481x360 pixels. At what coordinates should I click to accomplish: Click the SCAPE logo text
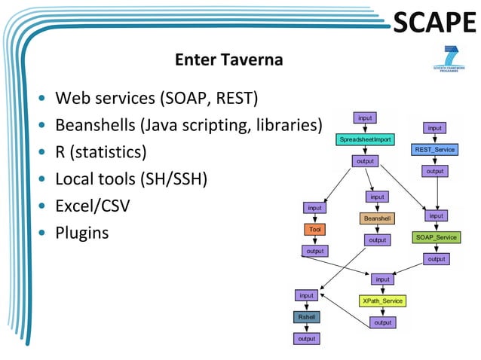point(435,23)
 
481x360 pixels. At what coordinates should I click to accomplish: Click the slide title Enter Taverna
point(228,59)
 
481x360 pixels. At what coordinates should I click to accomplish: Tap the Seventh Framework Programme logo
point(450,59)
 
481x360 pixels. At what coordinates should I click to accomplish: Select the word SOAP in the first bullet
point(182,98)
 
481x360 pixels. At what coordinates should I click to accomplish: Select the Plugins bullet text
point(81,233)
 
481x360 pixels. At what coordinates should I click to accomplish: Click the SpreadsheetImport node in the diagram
point(365,139)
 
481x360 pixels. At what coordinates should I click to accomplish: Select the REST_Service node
point(434,149)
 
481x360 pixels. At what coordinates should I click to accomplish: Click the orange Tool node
point(314,229)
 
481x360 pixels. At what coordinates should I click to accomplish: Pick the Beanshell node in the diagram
point(377,218)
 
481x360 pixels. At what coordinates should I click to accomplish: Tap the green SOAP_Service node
point(436,237)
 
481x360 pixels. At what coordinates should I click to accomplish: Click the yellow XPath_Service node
point(382,301)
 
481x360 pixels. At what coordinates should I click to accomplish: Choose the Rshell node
point(307,317)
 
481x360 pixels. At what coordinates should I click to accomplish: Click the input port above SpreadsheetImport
point(365,117)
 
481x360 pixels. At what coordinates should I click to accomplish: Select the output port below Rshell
point(307,338)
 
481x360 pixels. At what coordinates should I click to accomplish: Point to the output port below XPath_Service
point(383,322)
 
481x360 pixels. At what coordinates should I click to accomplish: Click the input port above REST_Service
point(435,128)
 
